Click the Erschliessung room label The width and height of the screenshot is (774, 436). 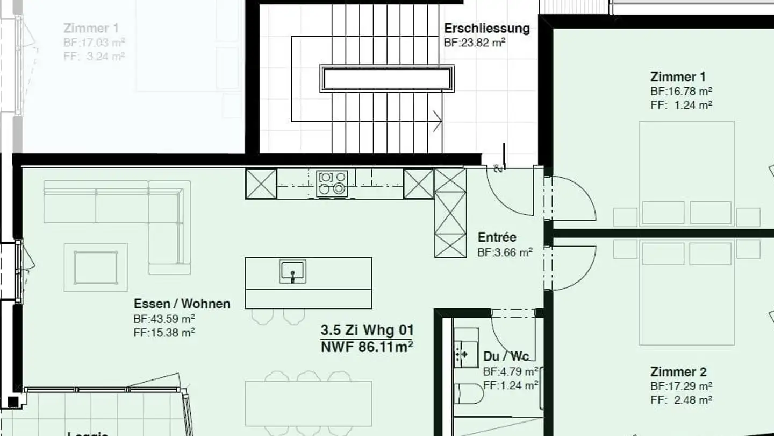click(x=486, y=29)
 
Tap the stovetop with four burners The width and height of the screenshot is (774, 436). click(x=332, y=183)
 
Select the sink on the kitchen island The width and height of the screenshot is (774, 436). click(x=292, y=271)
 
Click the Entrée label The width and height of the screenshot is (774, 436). click(x=497, y=237)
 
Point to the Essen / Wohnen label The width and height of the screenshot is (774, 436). click(x=182, y=304)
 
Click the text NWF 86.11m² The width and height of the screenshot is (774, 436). click(x=367, y=347)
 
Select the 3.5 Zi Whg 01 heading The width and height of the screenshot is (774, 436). click(x=367, y=329)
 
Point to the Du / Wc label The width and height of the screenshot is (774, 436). click(x=505, y=356)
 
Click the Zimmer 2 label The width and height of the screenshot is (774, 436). click(x=678, y=372)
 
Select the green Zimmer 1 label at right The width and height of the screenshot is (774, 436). click(x=678, y=76)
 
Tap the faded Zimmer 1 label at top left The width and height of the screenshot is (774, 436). click(x=91, y=28)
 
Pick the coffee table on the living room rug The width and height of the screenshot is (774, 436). click(x=96, y=268)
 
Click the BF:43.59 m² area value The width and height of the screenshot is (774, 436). click(x=164, y=319)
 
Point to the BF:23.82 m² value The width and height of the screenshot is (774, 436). click(x=474, y=43)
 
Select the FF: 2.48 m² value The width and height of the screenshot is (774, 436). click(x=681, y=400)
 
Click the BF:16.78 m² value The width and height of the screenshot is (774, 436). click(x=681, y=91)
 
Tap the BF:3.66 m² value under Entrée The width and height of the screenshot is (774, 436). click(x=505, y=252)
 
